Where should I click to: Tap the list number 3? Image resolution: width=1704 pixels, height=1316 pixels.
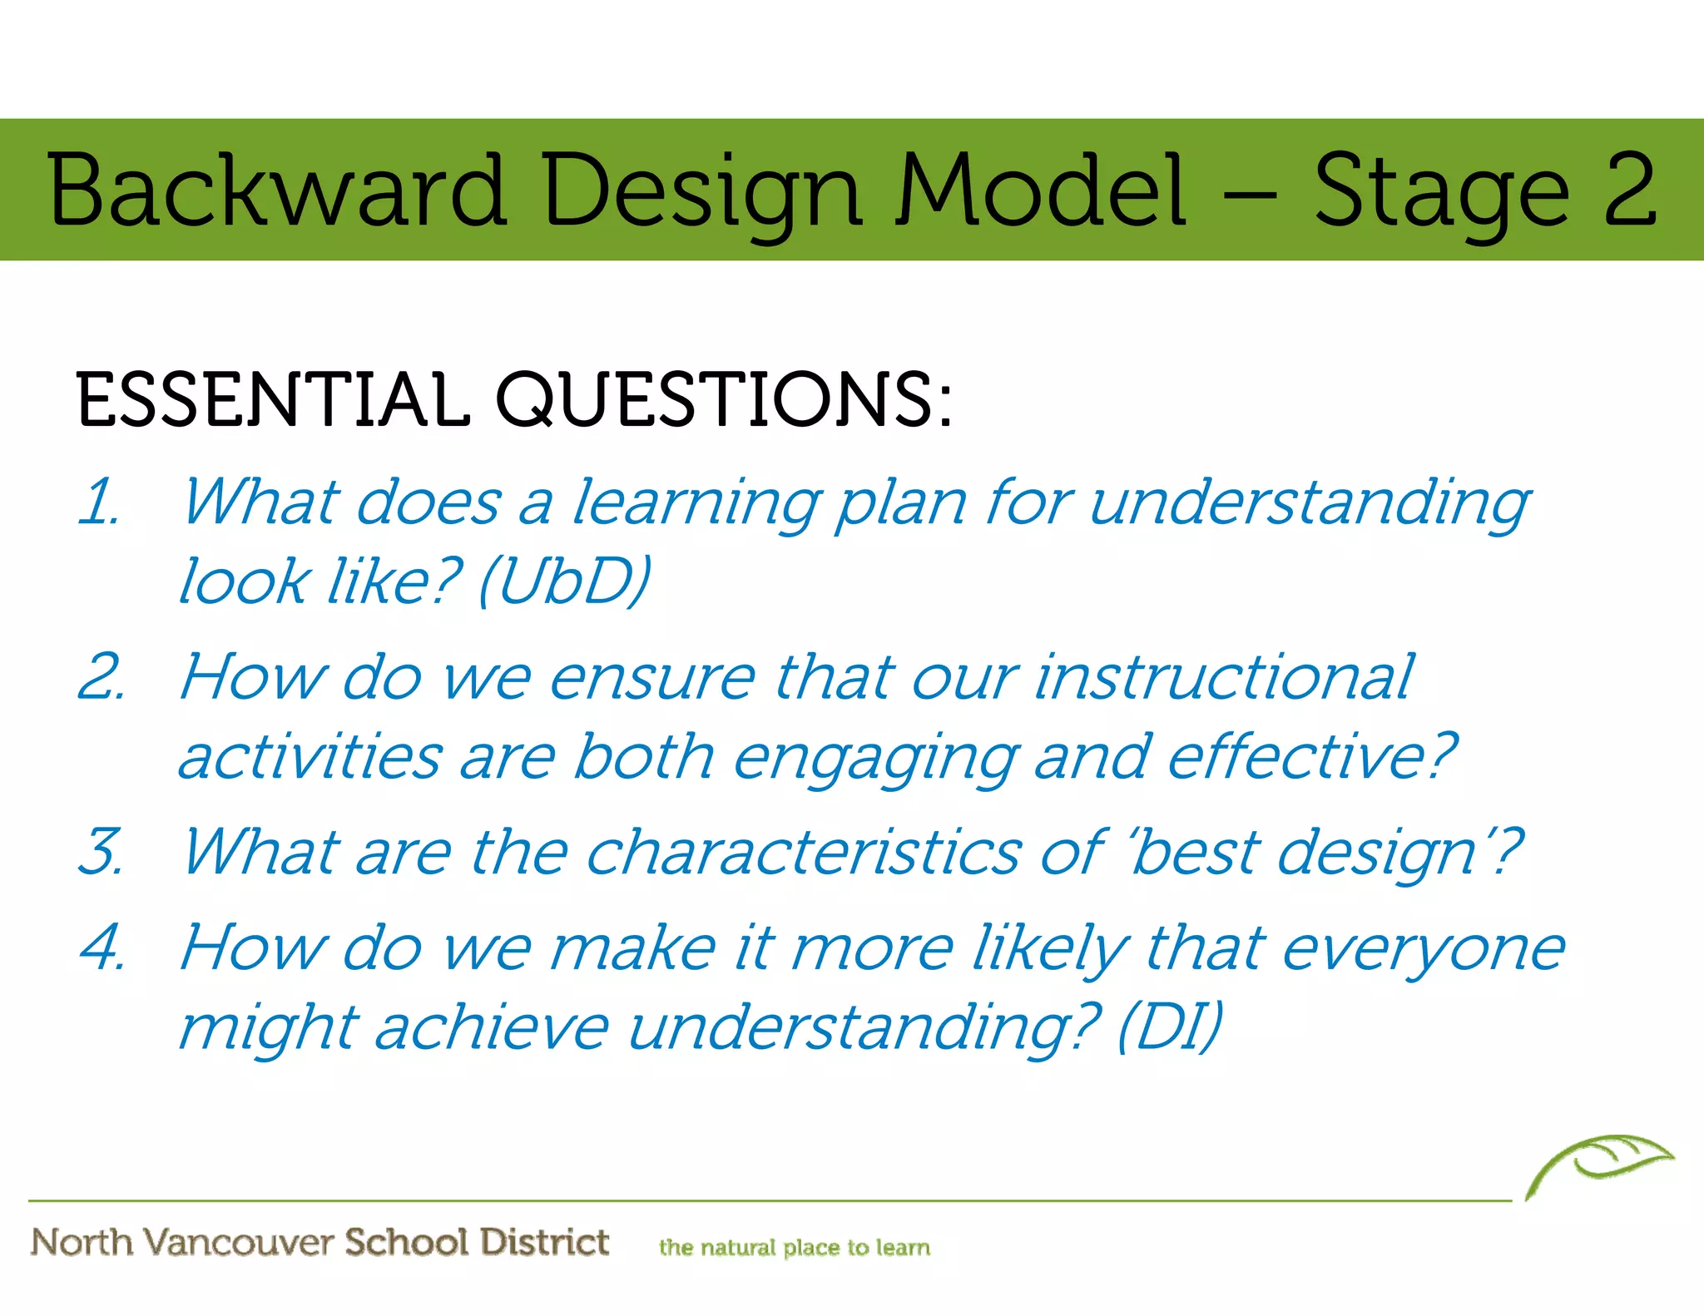tap(102, 852)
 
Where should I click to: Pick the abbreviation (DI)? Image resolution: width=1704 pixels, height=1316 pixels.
tap(1170, 1027)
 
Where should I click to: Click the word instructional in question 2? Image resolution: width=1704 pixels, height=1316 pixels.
tap(1223, 677)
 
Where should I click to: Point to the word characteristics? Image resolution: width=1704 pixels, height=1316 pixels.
tap(802, 852)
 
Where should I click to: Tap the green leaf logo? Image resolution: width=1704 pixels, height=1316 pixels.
tap(1597, 1165)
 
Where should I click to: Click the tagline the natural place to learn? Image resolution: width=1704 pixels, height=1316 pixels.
tap(794, 1247)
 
